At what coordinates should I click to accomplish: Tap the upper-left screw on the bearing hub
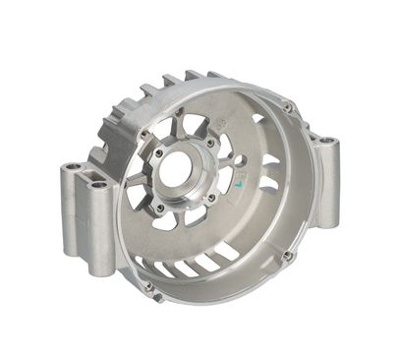tap(158, 153)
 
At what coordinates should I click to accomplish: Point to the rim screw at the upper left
tap(143, 134)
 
